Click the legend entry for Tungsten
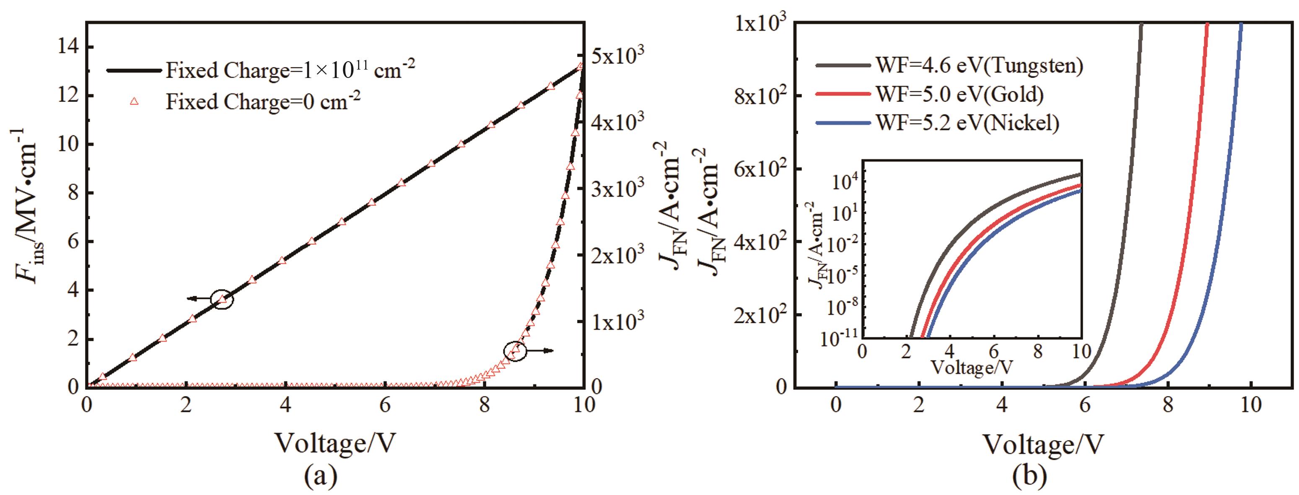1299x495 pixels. click(978, 65)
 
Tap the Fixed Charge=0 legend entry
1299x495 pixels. click(262, 102)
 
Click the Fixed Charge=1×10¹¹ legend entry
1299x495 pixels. click(290, 70)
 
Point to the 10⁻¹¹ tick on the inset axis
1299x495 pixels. click(840, 339)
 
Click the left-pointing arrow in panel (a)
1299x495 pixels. click(198, 299)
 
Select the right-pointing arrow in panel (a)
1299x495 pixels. click(542, 350)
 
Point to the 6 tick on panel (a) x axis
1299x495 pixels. click(385, 405)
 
